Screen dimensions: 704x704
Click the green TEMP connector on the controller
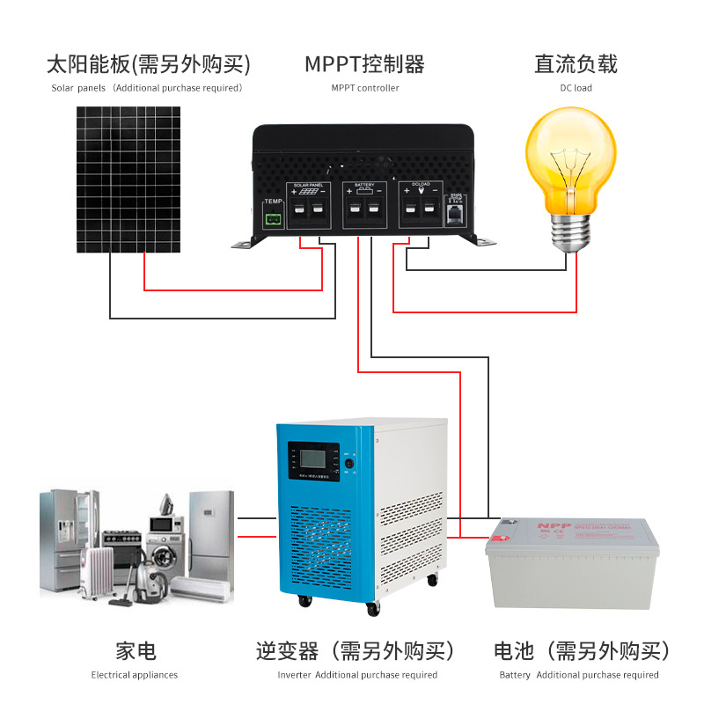click(274, 217)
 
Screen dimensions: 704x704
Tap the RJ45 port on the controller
click(455, 213)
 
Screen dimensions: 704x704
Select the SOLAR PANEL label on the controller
click(309, 184)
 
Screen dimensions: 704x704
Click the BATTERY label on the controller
click(364, 184)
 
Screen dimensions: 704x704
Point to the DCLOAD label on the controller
click(421, 184)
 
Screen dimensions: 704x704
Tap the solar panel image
click(128, 180)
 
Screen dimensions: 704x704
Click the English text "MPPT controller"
click(365, 88)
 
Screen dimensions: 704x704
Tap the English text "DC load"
click(576, 88)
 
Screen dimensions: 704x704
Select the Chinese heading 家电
click(136, 651)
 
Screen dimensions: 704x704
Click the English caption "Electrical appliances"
click(135, 675)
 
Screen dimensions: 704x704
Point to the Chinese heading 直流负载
click(576, 63)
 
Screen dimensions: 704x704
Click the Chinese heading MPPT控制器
click(365, 63)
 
